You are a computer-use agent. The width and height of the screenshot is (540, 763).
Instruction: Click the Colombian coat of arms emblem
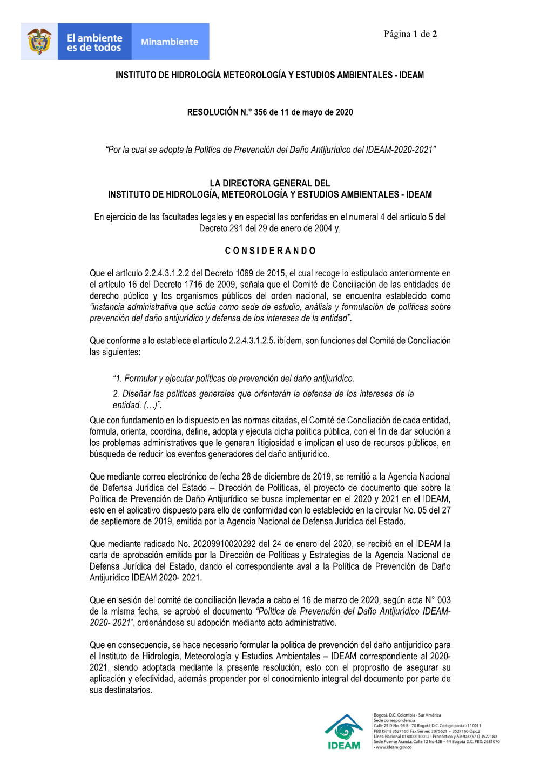pyautogui.click(x=39, y=42)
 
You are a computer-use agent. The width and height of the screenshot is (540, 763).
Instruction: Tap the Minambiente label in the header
pyautogui.click(x=170, y=42)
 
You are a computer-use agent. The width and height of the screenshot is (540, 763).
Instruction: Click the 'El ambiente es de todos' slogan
pyautogui.click(x=94, y=43)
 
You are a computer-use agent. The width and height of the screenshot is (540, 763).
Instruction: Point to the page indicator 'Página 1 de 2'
pyautogui.click(x=410, y=34)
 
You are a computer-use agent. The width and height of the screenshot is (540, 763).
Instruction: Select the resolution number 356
pyautogui.click(x=260, y=112)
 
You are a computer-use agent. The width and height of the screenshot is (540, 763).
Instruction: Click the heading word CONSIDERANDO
pyautogui.click(x=270, y=251)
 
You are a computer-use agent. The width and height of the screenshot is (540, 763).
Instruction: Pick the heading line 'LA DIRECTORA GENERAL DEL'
pyautogui.click(x=270, y=183)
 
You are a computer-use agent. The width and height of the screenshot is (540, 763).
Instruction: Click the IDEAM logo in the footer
pyautogui.click(x=344, y=732)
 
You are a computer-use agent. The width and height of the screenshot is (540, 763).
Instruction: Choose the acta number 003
pyautogui.click(x=444, y=600)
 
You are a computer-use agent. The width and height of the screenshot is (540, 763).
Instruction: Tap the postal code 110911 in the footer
pyautogui.click(x=474, y=726)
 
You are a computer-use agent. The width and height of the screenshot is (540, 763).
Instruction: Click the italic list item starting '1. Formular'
pyautogui.click(x=233, y=379)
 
